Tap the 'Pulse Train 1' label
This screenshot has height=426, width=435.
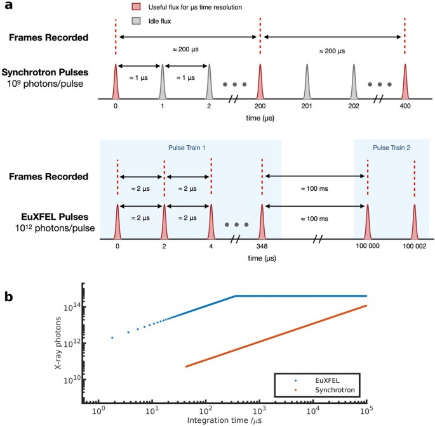(191, 146)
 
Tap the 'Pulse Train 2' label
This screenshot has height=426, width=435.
(392, 146)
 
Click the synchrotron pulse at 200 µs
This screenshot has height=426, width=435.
(260, 82)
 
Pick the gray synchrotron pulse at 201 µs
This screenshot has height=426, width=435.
(307, 82)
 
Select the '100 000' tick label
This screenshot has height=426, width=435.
(367, 245)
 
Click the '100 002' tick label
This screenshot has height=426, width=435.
(415, 245)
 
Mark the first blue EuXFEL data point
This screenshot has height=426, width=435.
(112, 338)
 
